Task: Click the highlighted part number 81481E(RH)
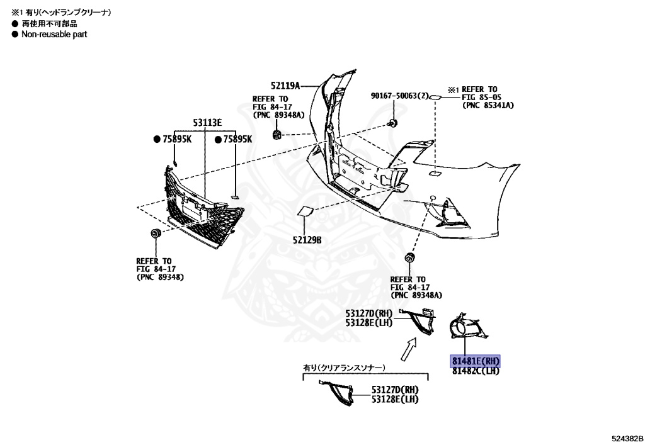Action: click(x=476, y=361)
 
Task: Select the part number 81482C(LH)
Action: click(x=476, y=371)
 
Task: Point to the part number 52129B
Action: click(x=307, y=240)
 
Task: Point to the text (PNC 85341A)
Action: click(x=488, y=105)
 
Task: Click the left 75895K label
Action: click(x=173, y=139)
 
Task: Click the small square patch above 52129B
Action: click(x=305, y=212)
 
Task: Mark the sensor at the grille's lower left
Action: click(x=154, y=234)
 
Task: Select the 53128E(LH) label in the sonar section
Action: click(x=394, y=399)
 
